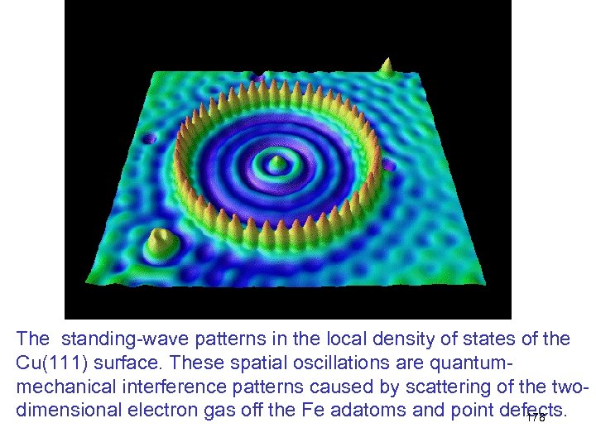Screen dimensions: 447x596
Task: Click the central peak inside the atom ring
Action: click(x=278, y=161)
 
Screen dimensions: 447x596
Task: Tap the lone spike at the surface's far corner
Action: click(x=386, y=66)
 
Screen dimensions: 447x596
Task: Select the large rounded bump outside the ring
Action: click(x=161, y=244)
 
